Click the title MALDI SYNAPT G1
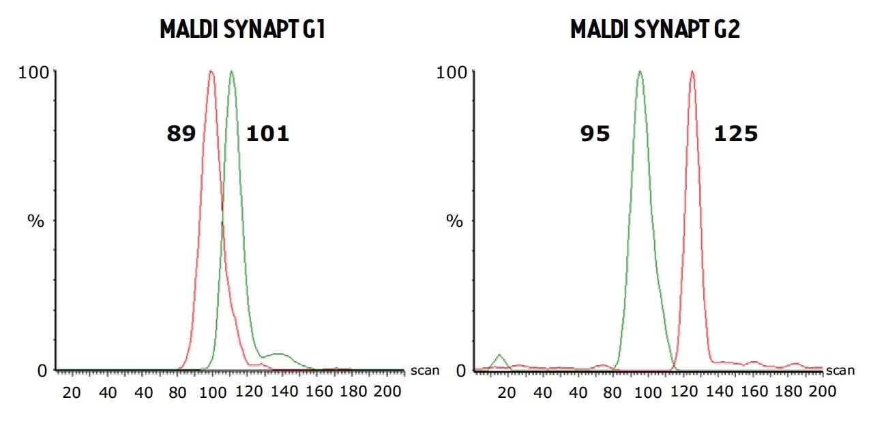241,30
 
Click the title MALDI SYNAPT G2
655,30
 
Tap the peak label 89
181,134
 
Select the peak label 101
267,134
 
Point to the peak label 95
595,134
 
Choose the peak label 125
736,134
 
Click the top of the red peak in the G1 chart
211,71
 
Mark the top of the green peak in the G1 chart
232,71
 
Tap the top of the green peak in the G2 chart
640,71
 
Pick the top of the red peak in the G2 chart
692,71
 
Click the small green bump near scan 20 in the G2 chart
501,356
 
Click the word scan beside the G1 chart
425,371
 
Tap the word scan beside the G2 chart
840,371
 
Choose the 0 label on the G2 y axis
460,371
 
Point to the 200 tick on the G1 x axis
388,392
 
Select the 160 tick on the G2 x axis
754,392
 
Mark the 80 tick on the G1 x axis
178,392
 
